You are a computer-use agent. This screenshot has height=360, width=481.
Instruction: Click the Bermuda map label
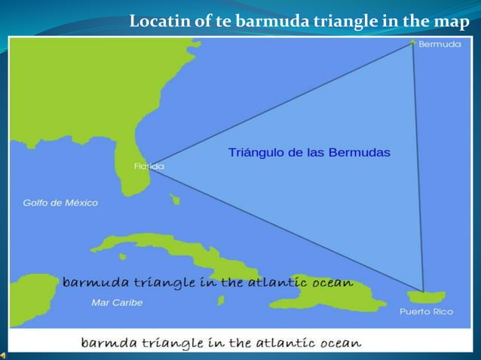click(440, 44)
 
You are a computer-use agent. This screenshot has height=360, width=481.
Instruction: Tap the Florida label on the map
click(149, 166)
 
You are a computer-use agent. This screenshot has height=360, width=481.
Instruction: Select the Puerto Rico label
click(426, 311)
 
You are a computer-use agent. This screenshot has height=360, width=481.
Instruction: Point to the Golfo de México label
click(60, 203)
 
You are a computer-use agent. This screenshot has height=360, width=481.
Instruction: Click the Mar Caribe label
click(117, 303)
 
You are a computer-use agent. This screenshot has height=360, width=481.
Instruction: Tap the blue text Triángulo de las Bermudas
click(309, 152)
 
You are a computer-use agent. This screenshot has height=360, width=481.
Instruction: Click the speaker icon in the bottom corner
click(5, 354)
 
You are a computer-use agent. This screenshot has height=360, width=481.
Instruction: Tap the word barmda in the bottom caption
click(106, 343)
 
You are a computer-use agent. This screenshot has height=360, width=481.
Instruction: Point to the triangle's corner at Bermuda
click(413, 42)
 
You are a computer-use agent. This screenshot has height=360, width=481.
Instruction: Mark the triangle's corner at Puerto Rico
click(423, 292)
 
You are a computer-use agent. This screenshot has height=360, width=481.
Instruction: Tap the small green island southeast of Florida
click(175, 200)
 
